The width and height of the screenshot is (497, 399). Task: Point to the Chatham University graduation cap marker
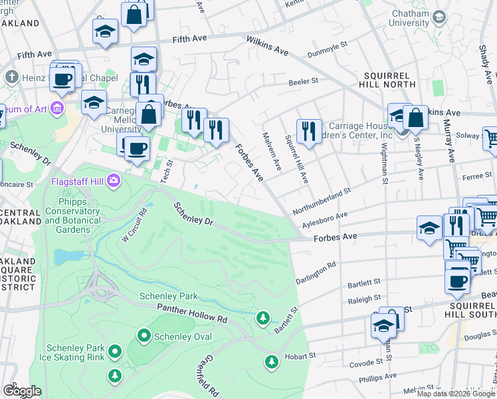pyautogui.click(x=439, y=17)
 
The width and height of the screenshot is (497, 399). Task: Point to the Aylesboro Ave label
pyautogui.click(x=325, y=219)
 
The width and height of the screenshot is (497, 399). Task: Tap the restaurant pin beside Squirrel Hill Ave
pyautogui.click(x=309, y=130)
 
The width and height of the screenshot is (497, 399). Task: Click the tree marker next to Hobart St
pyautogui.click(x=271, y=361)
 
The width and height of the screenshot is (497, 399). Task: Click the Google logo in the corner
pyautogui.click(x=22, y=391)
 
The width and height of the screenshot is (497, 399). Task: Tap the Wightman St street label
pyautogui.click(x=385, y=162)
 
